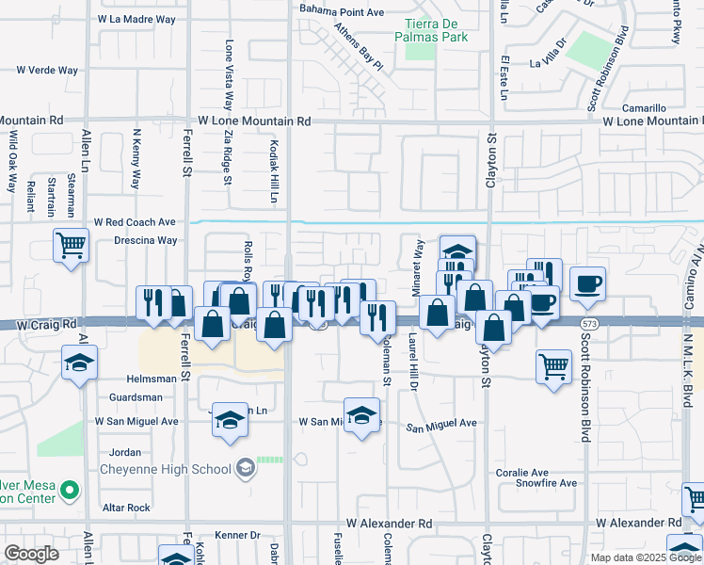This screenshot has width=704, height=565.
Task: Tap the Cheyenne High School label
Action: (x=178, y=469)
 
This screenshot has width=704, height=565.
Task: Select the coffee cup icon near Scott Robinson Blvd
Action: (x=587, y=283)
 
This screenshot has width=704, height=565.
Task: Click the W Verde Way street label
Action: (x=47, y=70)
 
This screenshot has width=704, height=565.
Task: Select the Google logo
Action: (x=31, y=554)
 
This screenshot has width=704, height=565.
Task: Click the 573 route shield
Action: (x=589, y=323)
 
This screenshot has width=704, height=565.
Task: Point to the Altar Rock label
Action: (x=127, y=508)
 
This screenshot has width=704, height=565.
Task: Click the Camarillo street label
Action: (x=643, y=108)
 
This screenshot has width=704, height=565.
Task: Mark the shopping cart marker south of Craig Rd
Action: (x=554, y=365)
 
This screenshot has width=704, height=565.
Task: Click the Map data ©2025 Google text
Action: (x=647, y=557)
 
